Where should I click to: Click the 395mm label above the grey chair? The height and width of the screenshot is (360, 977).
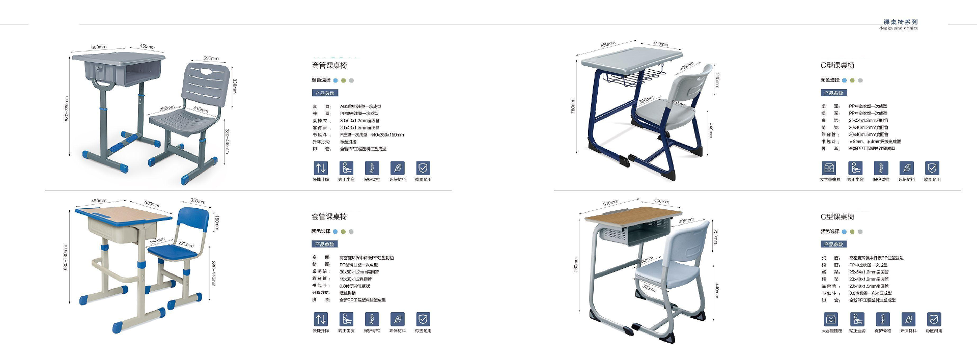211,59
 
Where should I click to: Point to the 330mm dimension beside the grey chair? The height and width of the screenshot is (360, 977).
234,86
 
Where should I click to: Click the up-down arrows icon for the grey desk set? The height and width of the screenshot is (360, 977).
321,168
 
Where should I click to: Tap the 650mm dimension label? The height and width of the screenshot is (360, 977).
607,45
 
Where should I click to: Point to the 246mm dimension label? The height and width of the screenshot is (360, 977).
717,80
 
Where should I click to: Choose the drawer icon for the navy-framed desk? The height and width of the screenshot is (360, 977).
829,168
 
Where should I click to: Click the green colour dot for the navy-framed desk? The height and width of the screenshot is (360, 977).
852,80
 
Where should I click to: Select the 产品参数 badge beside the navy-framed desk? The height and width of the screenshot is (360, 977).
834,93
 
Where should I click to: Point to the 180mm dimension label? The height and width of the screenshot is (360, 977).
216,223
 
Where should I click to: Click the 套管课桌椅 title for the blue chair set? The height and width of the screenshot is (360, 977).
329,217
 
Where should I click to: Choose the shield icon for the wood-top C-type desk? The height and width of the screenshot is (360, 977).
933,319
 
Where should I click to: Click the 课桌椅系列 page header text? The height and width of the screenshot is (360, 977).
900,22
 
